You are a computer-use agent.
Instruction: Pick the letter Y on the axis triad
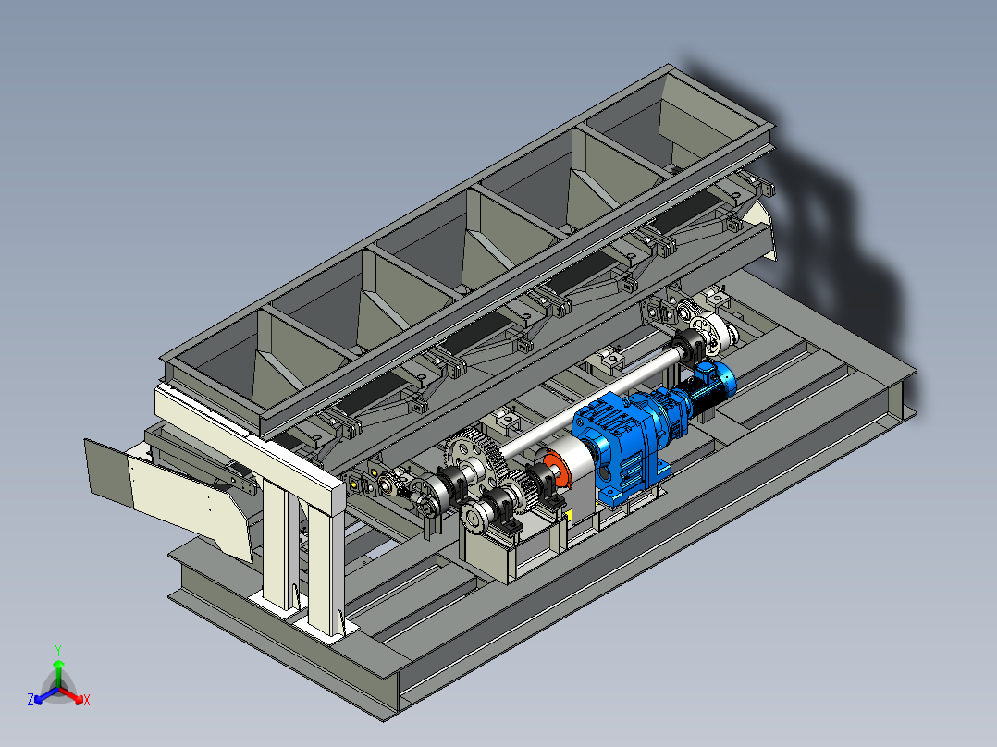click(58, 650)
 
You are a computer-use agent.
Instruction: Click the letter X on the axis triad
click(87, 700)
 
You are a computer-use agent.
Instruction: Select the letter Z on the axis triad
click(31, 700)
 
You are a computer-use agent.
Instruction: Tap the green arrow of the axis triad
click(58, 673)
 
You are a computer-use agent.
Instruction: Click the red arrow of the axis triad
click(71, 695)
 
